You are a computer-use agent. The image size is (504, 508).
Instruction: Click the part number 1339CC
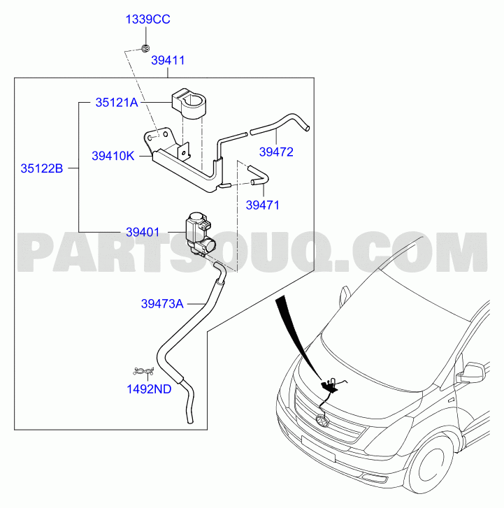pos(147,20)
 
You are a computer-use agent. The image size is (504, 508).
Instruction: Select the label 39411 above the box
pos(168,60)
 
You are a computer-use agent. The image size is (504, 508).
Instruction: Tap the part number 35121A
pos(117,103)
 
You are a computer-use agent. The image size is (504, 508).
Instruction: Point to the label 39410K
pos(113,156)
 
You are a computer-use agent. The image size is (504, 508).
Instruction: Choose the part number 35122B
pos(42,168)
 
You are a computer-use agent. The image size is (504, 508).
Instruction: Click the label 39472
pos(276,152)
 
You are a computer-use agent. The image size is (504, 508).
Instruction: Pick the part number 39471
pos(263,205)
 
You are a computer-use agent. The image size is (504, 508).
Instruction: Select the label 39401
pos(143,232)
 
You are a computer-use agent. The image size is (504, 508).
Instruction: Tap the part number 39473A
pos(162,304)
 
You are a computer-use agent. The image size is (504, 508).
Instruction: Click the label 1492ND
pos(149,389)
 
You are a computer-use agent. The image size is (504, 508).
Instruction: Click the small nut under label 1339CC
pos(146,49)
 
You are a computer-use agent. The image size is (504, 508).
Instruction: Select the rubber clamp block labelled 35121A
pos(189,103)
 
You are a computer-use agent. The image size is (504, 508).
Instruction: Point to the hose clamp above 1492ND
pos(144,371)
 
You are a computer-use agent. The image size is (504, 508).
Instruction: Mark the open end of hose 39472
pos(308,129)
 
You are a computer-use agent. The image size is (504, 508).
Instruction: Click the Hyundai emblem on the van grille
pos(322,421)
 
